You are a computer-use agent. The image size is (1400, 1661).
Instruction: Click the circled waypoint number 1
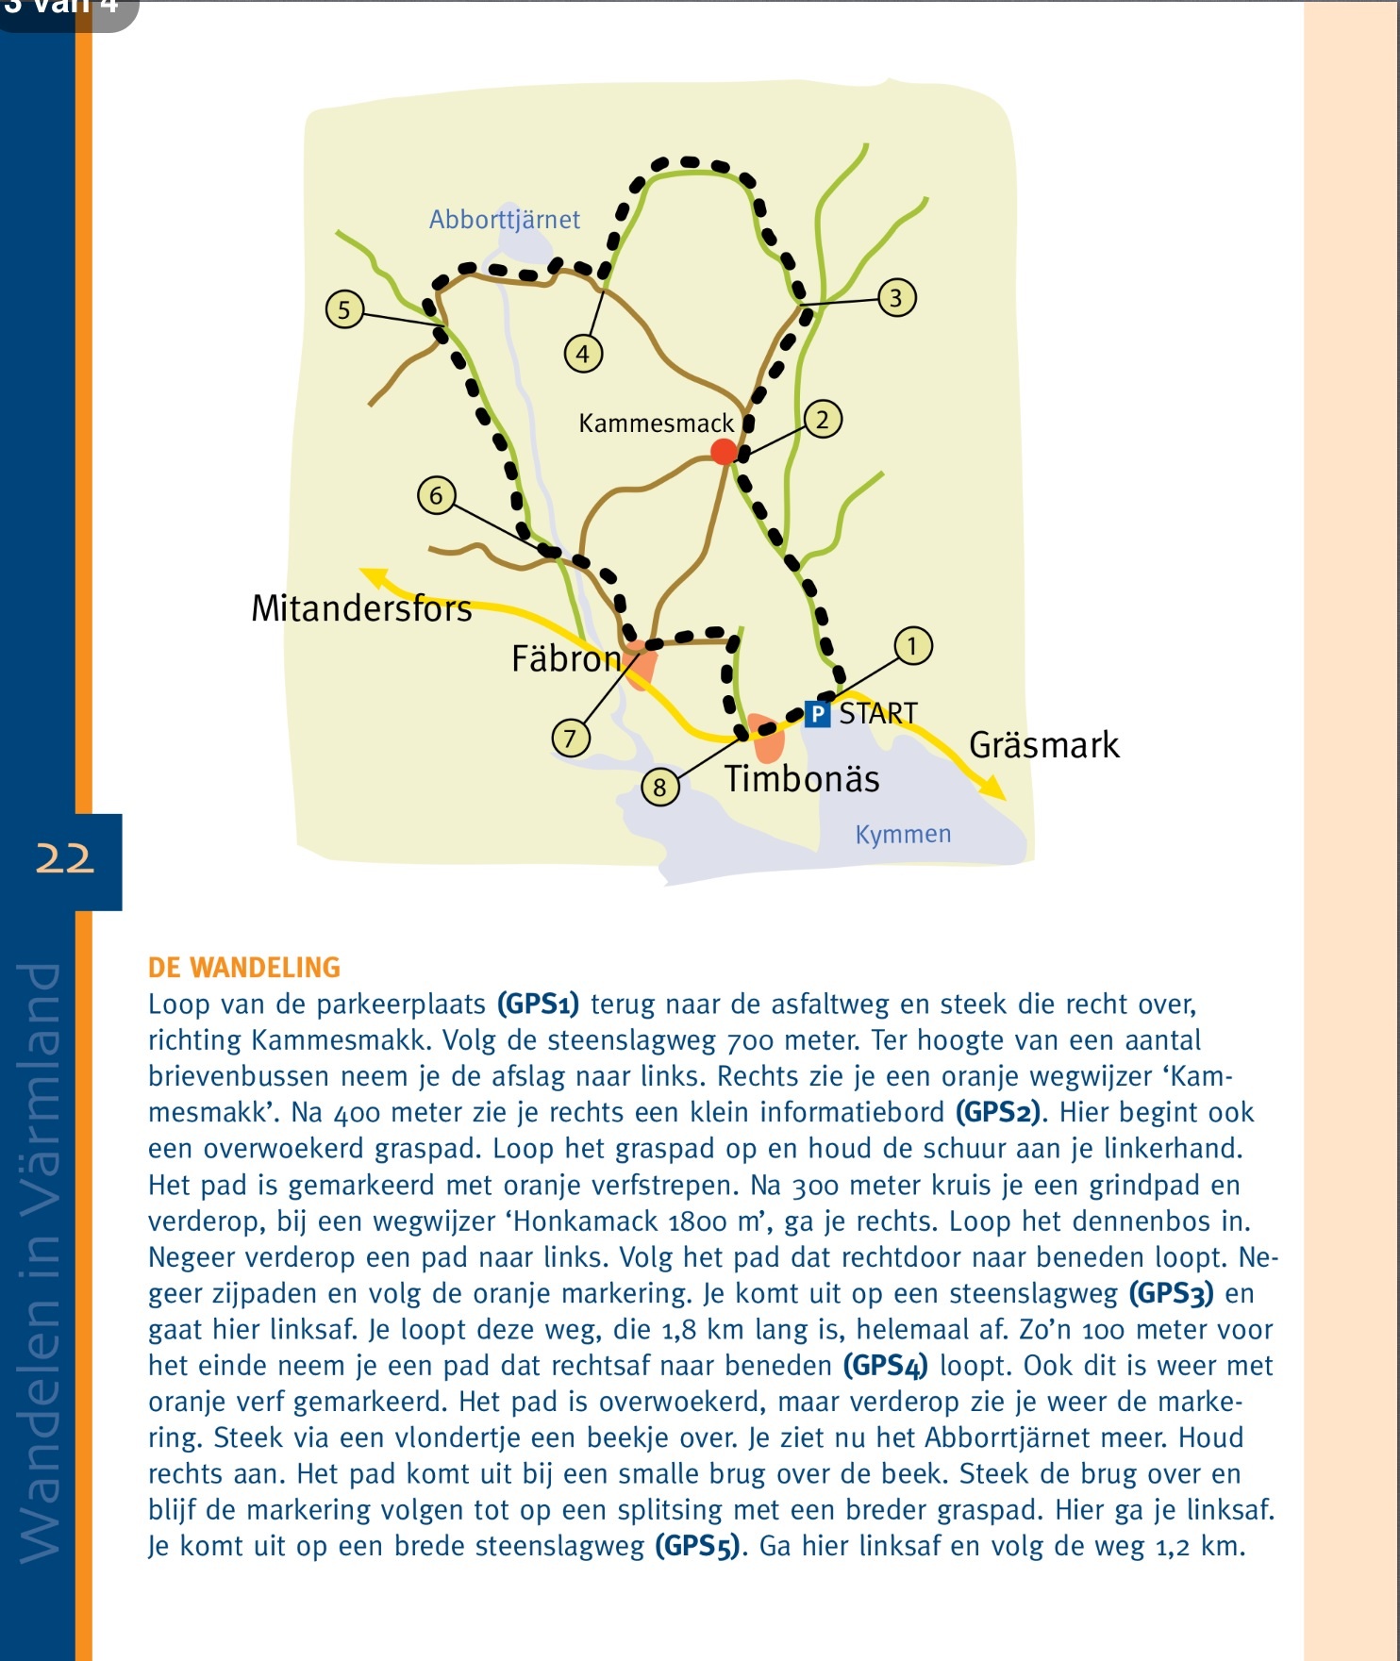click(x=912, y=646)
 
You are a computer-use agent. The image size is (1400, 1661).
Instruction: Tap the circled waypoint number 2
click(x=823, y=419)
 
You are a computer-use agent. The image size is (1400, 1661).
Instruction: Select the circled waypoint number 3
click(x=896, y=298)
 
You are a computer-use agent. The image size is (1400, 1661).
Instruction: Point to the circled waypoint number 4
click(x=583, y=354)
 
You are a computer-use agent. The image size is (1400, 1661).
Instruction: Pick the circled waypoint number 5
click(x=344, y=309)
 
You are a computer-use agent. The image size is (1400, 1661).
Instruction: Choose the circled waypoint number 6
click(x=436, y=495)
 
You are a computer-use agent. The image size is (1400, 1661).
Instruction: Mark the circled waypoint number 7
click(x=570, y=738)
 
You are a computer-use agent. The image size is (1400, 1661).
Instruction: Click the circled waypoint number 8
click(x=659, y=787)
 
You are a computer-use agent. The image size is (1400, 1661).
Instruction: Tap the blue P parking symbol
click(x=817, y=714)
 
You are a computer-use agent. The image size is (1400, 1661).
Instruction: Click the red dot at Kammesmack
click(x=724, y=452)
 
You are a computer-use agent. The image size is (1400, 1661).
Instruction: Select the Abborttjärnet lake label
click(x=505, y=220)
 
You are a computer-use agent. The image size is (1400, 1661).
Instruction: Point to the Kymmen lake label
click(x=903, y=834)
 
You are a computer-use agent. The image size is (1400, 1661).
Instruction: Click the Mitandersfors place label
click(x=361, y=609)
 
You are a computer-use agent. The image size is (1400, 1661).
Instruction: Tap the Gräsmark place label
click(x=1043, y=745)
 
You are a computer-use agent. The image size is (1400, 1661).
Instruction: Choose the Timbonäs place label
click(x=802, y=779)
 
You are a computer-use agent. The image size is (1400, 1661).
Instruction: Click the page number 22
click(x=65, y=859)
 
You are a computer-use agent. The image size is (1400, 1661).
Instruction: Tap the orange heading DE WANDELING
click(x=244, y=968)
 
